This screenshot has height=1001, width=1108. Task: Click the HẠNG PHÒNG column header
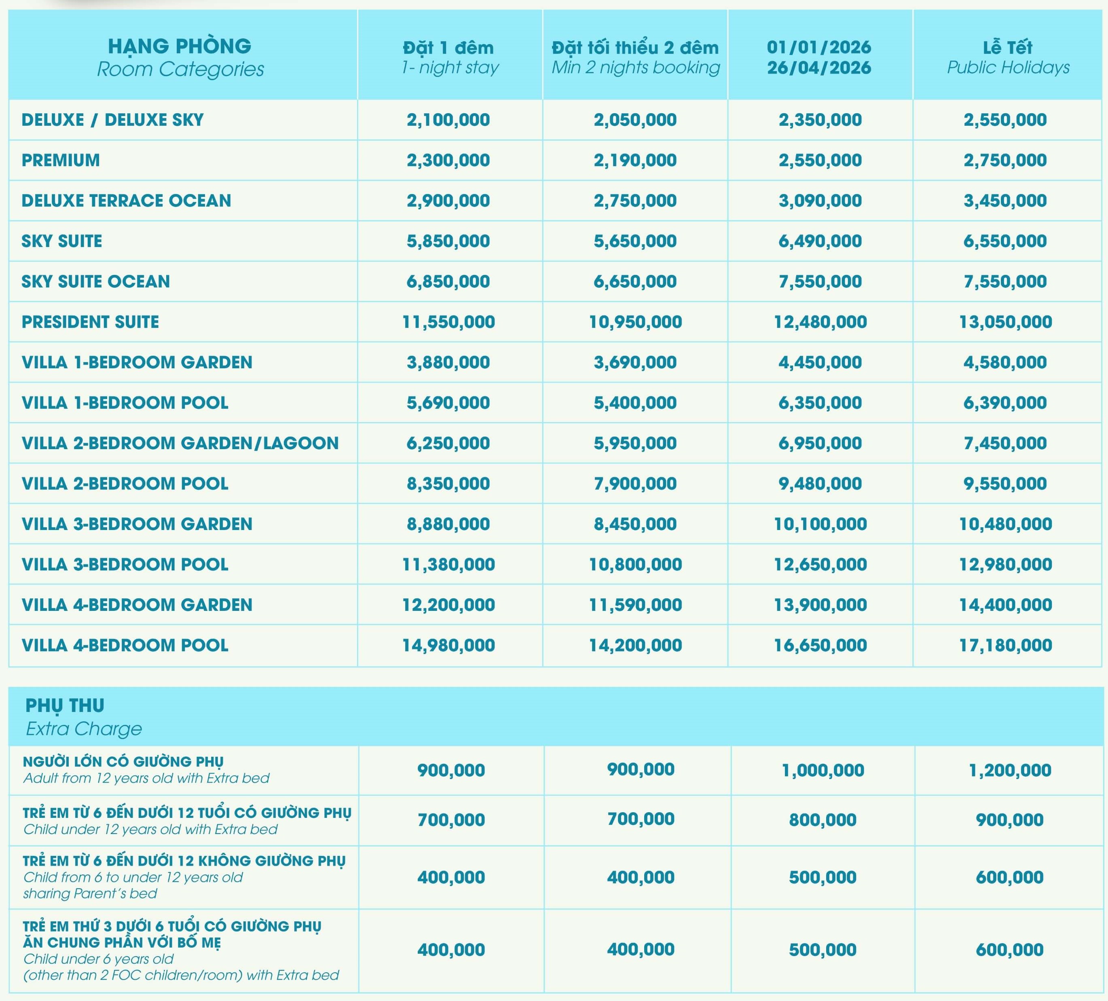click(x=180, y=46)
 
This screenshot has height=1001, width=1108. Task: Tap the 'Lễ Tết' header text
click(x=1007, y=47)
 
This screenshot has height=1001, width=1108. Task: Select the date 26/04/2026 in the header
click(x=819, y=68)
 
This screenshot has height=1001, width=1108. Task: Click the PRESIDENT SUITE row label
click(x=90, y=322)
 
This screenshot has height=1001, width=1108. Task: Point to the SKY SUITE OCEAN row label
click(x=95, y=281)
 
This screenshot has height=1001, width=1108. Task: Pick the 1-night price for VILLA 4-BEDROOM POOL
click(x=448, y=645)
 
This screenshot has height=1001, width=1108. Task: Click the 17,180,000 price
click(x=1005, y=645)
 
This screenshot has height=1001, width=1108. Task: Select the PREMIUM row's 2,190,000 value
click(x=635, y=160)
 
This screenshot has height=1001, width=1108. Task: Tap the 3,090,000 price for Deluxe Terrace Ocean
click(x=820, y=201)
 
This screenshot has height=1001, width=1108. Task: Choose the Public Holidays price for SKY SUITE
click(x=1005, y=241)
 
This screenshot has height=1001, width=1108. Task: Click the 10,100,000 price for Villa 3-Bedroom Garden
click(x=820, y=524)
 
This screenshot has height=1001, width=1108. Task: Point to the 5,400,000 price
click(x=635, y=403)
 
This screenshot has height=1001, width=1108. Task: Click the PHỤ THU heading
click(x=65, y=705)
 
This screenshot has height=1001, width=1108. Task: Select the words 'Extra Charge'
click(x=84, y=729)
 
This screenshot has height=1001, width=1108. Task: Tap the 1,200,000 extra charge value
click(x=1010, y=770)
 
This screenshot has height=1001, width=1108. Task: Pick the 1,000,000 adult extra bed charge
click(x=823, y=770)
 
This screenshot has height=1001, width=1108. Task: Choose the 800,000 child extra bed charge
click(x=823, y=820)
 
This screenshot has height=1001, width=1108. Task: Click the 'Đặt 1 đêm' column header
click(x=448, y=48)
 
